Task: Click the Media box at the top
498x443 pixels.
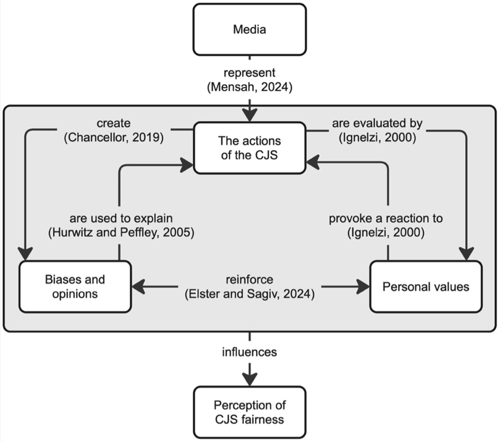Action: (x=250, y=29)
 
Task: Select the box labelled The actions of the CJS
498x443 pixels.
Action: (x=250, y=148)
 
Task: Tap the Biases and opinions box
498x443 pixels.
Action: (x=75, y=287)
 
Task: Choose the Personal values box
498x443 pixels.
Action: (x=426, y=287)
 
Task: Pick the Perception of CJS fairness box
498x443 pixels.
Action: (x=250, y=412)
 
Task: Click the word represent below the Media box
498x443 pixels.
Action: (x=250, y=73)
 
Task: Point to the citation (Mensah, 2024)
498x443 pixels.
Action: (x=250, y=87)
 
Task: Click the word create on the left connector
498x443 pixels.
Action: (x=114, y=123)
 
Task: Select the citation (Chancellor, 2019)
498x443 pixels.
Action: (x=114, y=137)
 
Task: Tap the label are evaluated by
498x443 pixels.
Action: (x=377, y=123)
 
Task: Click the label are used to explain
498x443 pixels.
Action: (x=121, y=218)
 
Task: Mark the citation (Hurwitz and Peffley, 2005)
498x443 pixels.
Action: (x=121, y=232)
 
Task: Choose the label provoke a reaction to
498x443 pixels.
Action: (x=385, y=218)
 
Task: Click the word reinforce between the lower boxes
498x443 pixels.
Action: (x=250, y=279)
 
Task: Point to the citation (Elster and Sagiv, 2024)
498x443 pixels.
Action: (x=250, y=294)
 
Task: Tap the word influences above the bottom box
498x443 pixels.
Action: (x=250, y=352)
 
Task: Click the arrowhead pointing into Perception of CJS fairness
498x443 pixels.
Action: (x=250, y=380)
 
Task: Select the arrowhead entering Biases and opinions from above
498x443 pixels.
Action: (x=25, y=254)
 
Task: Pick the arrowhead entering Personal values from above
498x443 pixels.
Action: (x=467, y=254)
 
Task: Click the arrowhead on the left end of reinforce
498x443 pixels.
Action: (x=138, y=287)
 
